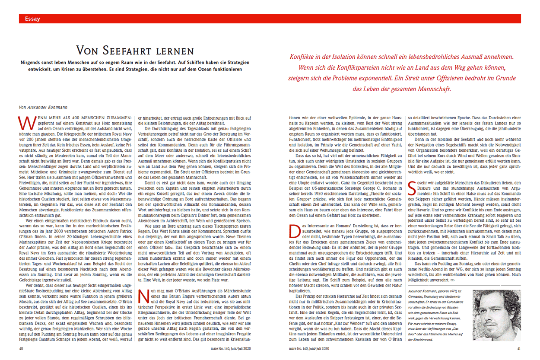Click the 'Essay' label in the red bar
(x=33, y=19)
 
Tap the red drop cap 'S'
(x=412, y=186)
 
